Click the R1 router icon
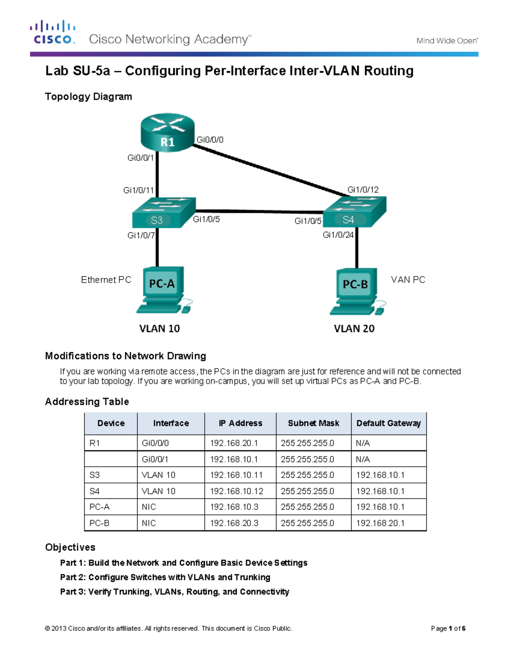click(x=167, y=133)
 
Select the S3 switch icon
click(x=164, y=213)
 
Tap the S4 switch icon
click(x=354, y=212)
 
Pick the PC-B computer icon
click(x=357, y=291)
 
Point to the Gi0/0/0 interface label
click(x=210, y=140)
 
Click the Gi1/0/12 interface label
click(x=363, y=190)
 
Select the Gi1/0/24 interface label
click(x=338, y=235)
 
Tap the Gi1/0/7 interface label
click(x=141, y=235)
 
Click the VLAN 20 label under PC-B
click(x=354, y=329)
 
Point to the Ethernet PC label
click(x=106, y=280)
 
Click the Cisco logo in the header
click(x=53, y=32)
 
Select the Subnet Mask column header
click(x=313, y=423)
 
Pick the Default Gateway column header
click(x=388, y=423)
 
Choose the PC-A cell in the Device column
click(x=100, y=507)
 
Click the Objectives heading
click(x=70, y=547)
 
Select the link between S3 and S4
click(x=259, y=211)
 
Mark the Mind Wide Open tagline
click(x=447, y=41)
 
